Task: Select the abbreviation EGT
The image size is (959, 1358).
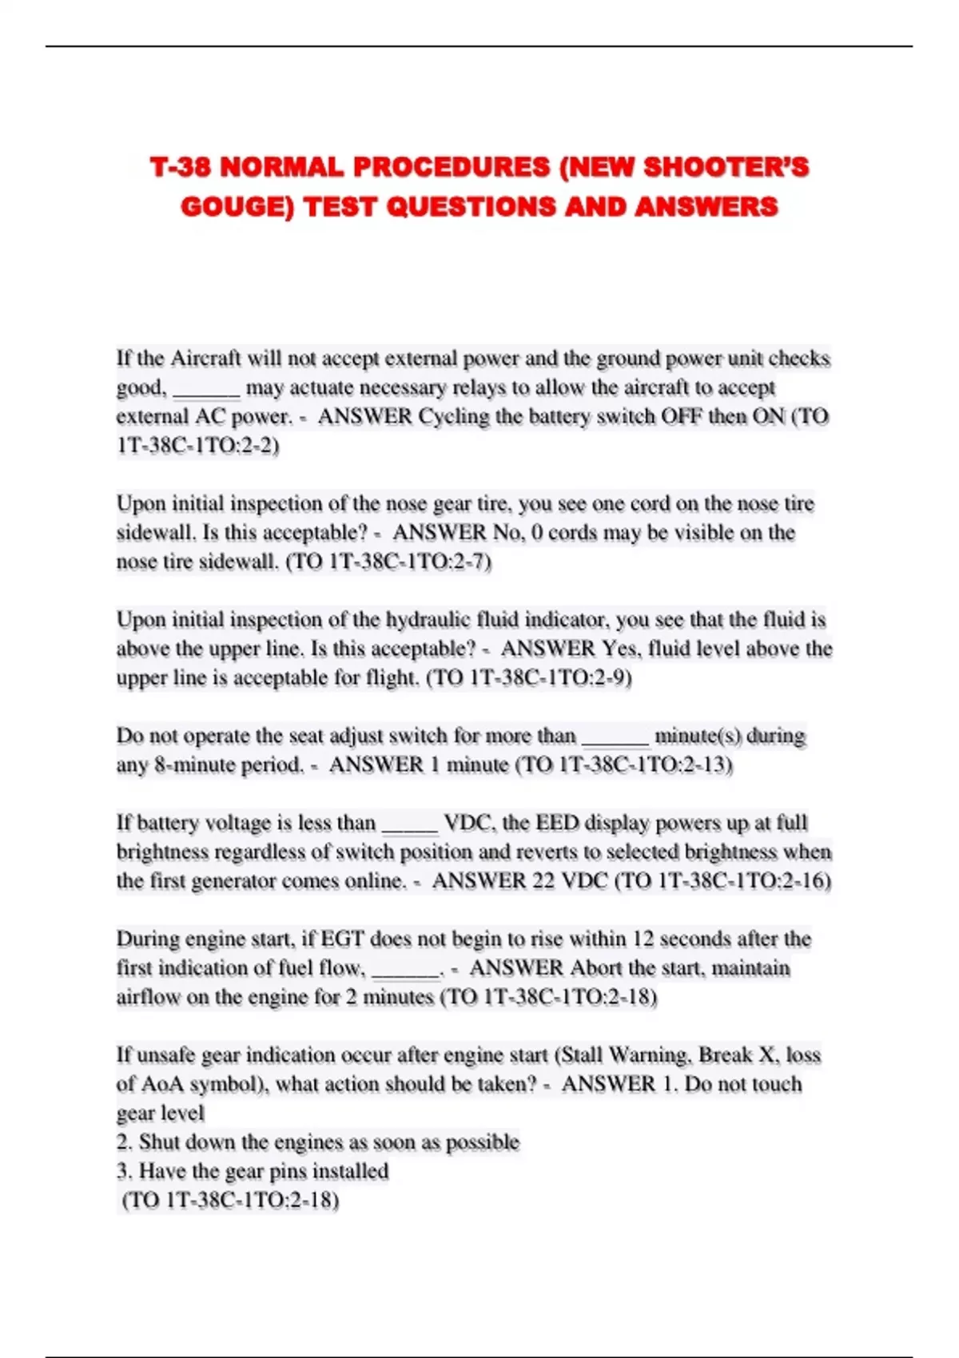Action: (x=341, y=939)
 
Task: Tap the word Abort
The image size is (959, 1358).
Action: (x=596, y=968)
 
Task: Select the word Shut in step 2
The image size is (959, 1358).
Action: (x=159, y=1142)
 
